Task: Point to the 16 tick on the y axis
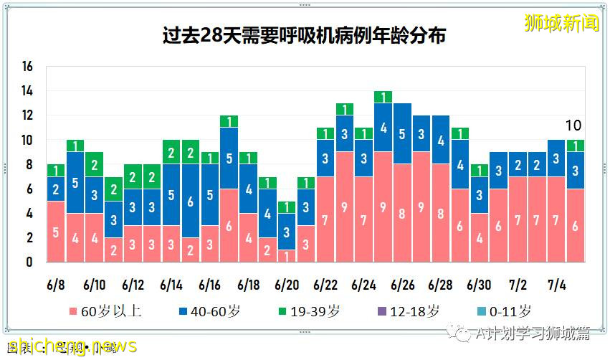[28, 67]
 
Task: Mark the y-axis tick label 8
[28, 164]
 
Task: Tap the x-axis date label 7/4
[556, 285]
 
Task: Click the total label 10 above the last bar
[573, 125]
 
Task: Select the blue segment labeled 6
[191, 201]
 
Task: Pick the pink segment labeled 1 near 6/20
[287, 255]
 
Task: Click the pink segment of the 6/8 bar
[56, 231]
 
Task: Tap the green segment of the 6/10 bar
[95, 164]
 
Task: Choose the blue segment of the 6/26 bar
[402, 133]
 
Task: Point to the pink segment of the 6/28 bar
[441, 213]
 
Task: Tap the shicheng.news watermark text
[68, 346]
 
